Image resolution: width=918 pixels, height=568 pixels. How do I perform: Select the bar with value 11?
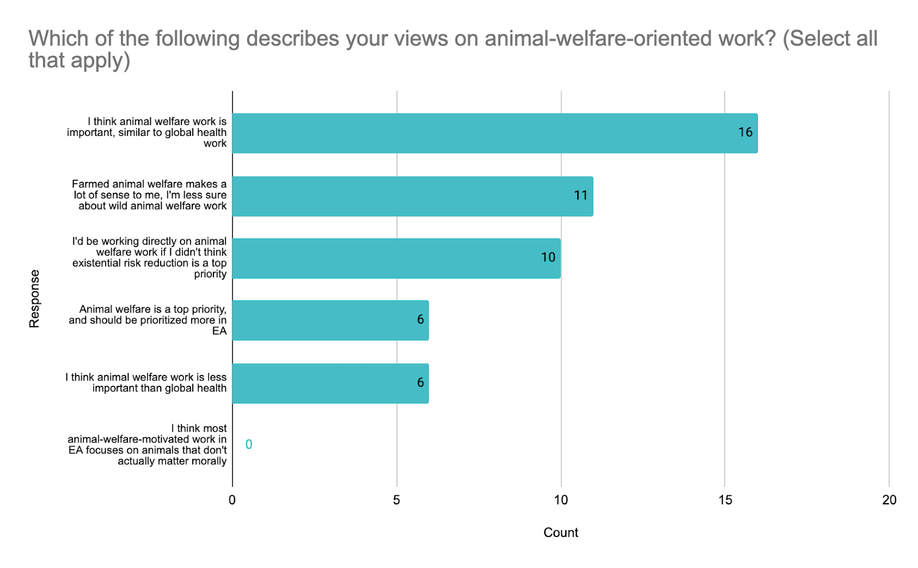pyautogui.click(x=412, y=196)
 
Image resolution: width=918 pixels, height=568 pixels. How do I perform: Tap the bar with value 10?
pyautogui.click(x=396, y=258)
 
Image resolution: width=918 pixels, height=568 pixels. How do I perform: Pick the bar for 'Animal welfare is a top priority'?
pyautogui.click(x=330, y=320)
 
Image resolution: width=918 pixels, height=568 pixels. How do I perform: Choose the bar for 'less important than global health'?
pyautogui.click(x=330, y=383)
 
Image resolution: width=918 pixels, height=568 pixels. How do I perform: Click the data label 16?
pyautogui.click(x=745, y=132)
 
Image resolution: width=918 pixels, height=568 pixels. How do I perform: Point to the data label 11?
pyautogui.click(x=581, y=195)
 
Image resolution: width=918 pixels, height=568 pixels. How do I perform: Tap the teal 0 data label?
pyautogui.click(x=248, y=444)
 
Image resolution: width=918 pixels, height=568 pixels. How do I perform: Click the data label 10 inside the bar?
pyautogui.click(x=548, y=257)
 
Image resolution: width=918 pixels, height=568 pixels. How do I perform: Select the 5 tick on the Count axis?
pyautogui.click(x=396, y=500)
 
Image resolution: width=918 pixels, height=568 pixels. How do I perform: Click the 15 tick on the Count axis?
pyautogui.click(x=725, y=500)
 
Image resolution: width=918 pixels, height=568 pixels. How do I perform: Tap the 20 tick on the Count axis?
pyautogui.click(x=889, y=500)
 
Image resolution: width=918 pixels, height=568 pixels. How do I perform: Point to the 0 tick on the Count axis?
pyautogui.click(x=232, y=500)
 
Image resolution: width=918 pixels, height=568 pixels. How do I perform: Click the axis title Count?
pyautogui.click(x=561, y=532)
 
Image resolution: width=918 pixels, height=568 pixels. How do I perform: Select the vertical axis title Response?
pyautogui.click(x=34, y=298)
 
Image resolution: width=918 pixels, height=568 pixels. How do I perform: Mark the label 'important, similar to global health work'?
pyautogui.click(x=147, y=132)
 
